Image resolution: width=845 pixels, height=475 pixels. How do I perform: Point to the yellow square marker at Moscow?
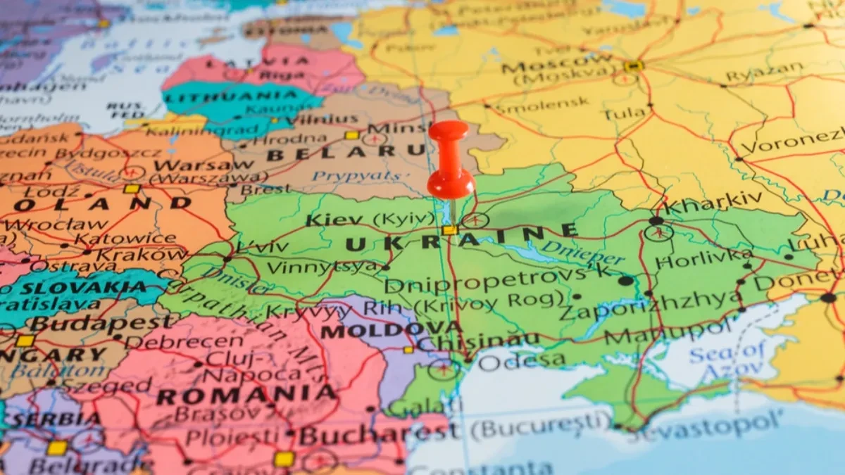632,66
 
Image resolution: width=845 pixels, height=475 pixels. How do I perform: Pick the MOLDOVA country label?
392,329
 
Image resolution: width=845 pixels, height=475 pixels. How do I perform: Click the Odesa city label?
521,360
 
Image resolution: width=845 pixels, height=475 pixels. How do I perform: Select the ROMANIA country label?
246,395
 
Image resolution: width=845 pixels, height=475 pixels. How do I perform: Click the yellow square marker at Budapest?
25,341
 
